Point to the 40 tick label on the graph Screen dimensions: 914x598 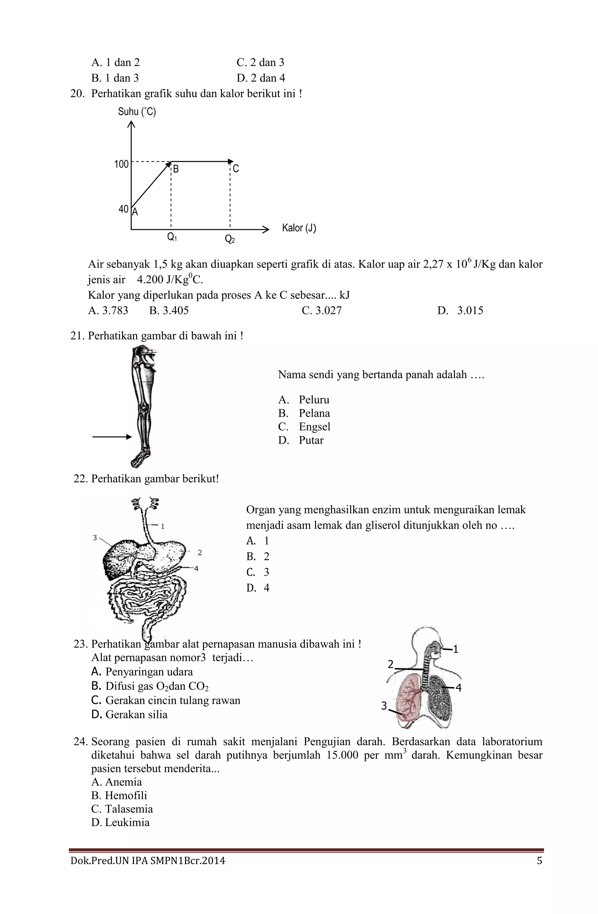123,209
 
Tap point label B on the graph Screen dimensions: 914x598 176,169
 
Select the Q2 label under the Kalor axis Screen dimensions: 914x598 230,239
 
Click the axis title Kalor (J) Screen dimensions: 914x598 299,228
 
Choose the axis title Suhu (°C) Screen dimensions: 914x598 137,112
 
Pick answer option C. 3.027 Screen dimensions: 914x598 321,311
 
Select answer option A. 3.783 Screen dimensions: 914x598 108,311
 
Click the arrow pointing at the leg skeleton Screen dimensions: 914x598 112,437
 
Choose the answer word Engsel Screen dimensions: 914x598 314,427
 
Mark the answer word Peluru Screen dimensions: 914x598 314,400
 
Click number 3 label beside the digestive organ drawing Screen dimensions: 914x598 95,538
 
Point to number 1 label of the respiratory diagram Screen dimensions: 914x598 456,649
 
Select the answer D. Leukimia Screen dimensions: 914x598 120,822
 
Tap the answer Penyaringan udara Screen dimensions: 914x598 149,672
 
